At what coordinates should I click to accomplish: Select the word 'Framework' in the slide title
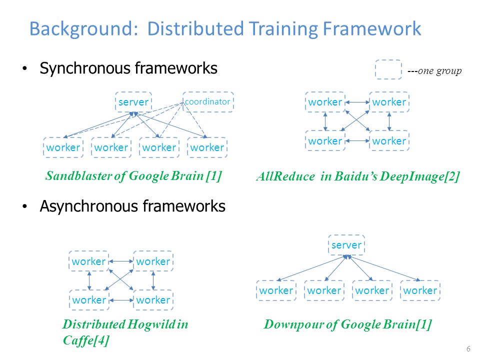click(372, 29)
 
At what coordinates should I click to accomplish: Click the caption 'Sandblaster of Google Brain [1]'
click(133, 176)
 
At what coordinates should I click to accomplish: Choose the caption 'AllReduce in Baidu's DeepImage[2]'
click(358, 176)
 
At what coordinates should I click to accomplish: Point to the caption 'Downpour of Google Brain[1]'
click(348, 324)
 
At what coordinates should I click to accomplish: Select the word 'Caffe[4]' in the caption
click(86, 340)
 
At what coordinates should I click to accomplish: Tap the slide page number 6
click(468, 348)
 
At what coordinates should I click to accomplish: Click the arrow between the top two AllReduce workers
click(357, 102)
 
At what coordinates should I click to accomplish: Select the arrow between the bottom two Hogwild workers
click(121, 300)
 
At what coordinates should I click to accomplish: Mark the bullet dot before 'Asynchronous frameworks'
click(25, 206)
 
